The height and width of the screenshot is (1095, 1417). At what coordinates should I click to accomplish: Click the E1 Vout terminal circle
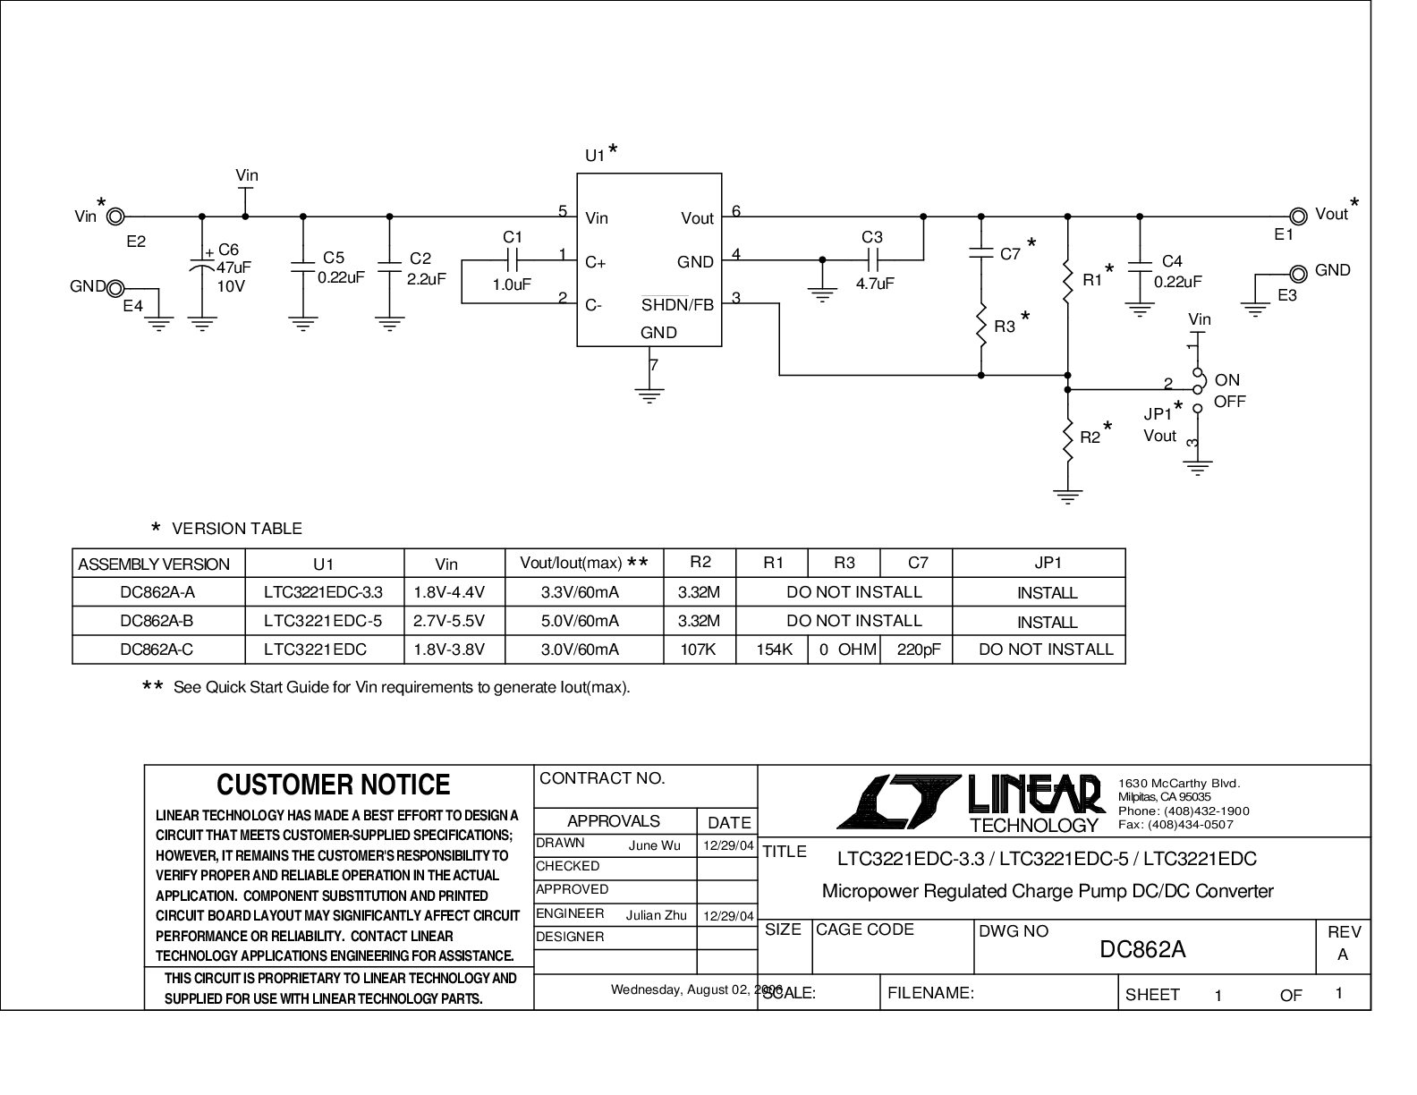coord(1298,216)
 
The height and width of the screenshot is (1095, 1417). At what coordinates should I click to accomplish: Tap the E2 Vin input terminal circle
coord(115,216)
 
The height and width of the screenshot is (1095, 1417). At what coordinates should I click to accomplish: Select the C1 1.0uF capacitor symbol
coord(512,260)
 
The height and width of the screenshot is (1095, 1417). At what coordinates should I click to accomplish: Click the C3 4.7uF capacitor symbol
coord(873,260)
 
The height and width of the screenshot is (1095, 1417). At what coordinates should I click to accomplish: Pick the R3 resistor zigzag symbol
coord(980,325)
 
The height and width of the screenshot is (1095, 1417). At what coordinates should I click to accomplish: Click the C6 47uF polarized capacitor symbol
coord(202,266)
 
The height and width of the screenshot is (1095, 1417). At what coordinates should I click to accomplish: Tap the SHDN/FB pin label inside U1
coord(677,304)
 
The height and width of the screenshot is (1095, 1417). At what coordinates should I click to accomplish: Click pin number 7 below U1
coord(654,365)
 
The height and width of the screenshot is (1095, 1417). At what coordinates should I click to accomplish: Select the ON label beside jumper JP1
coord(1226,379)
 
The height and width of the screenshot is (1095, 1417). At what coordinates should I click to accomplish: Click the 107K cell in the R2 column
coord(699,649)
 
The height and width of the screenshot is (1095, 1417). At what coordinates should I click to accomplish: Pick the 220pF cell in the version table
coord(919,649)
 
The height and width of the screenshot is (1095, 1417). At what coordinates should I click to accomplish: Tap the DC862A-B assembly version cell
coord(157,621)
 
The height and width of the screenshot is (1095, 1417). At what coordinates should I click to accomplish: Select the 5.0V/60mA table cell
coord(580,621)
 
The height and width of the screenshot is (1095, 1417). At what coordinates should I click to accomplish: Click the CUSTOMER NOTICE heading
coord(333,785)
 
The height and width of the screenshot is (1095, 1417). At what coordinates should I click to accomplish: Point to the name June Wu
coord(654,846)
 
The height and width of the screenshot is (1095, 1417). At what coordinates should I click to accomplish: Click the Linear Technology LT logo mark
coord(899,802)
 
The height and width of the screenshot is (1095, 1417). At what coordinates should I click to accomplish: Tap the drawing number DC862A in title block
coord(1142,949)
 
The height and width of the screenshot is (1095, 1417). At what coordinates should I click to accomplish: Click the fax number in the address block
coord(1175,824)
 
